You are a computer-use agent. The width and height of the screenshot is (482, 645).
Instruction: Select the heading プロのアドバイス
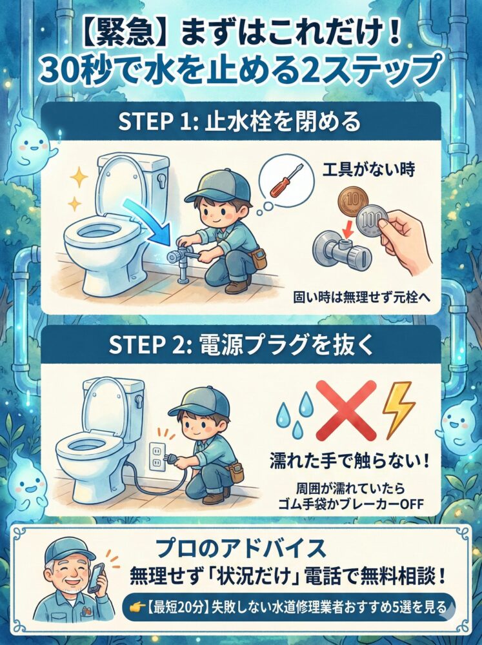pyautogui.click(x=241, y=548)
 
